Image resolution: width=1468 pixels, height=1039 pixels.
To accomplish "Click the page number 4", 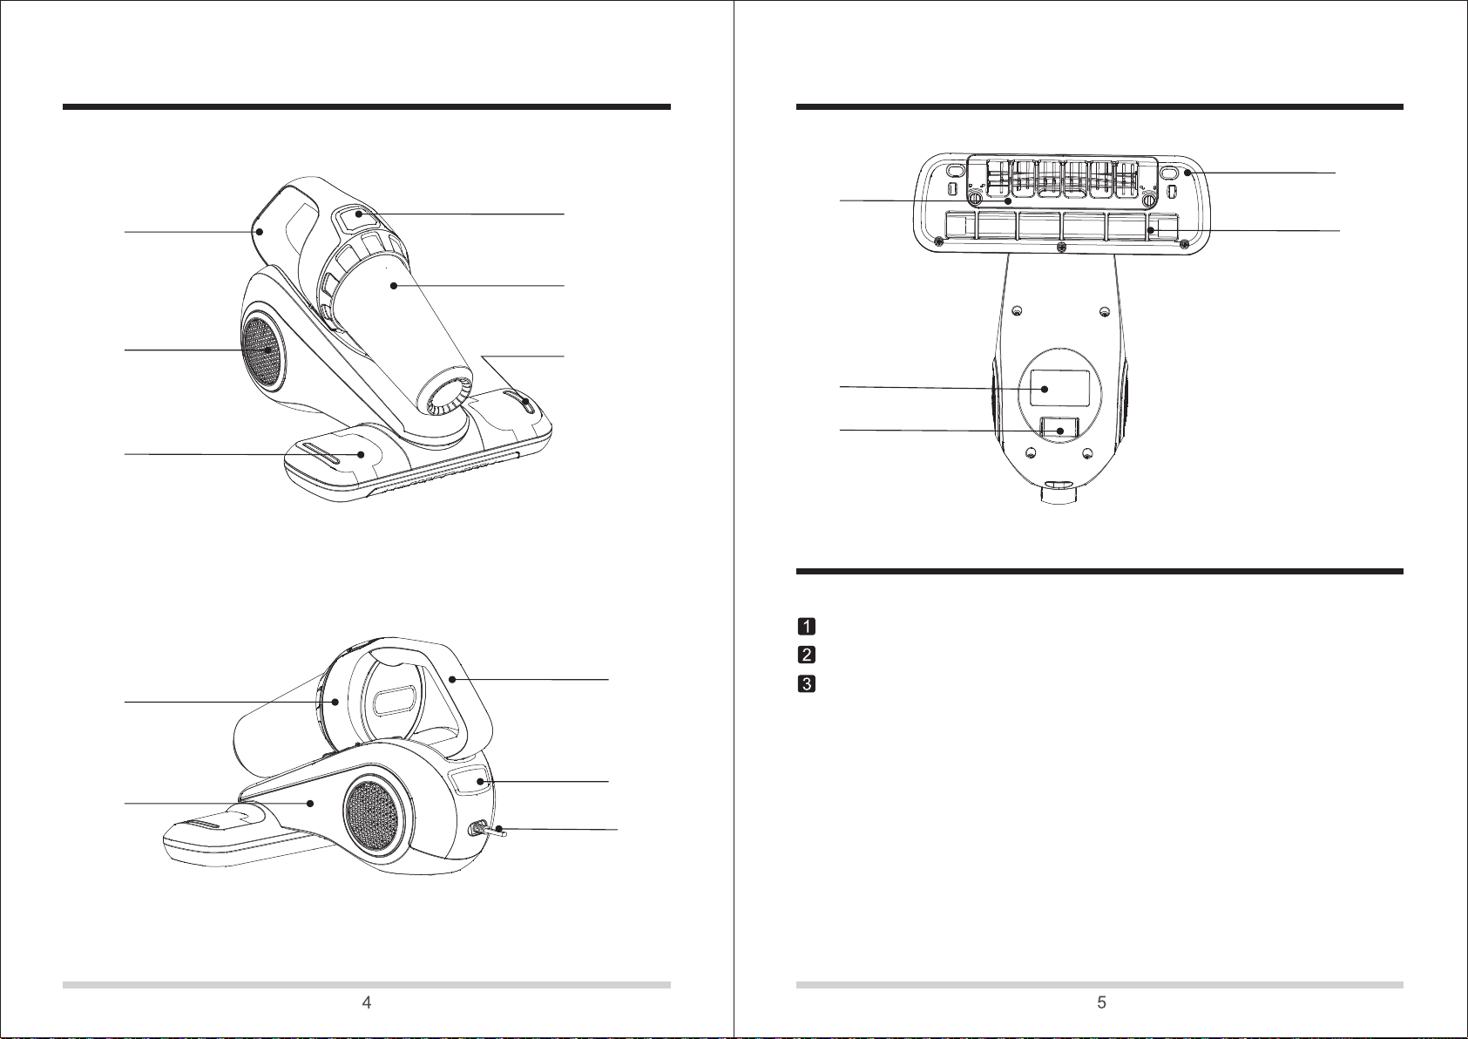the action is point(367,1002).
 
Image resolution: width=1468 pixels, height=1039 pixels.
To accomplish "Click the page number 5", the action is point(1102,1002).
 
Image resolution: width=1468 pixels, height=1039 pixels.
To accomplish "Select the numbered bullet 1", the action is point(807,626).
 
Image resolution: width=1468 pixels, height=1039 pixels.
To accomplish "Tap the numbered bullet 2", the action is point(807,655).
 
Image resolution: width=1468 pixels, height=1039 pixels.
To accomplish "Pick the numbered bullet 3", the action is point(807,683).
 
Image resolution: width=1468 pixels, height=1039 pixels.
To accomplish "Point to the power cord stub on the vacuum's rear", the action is point(493,832).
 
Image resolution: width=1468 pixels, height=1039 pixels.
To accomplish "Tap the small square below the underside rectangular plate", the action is point(1059,427).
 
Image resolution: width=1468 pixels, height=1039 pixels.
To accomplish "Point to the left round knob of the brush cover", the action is point(975,199).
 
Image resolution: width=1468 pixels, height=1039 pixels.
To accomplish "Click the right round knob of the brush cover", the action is point(1149,199).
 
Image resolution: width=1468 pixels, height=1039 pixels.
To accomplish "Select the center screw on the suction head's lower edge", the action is point(1062,248).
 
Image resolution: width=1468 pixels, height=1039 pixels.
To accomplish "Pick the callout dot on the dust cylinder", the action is point(393,286).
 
